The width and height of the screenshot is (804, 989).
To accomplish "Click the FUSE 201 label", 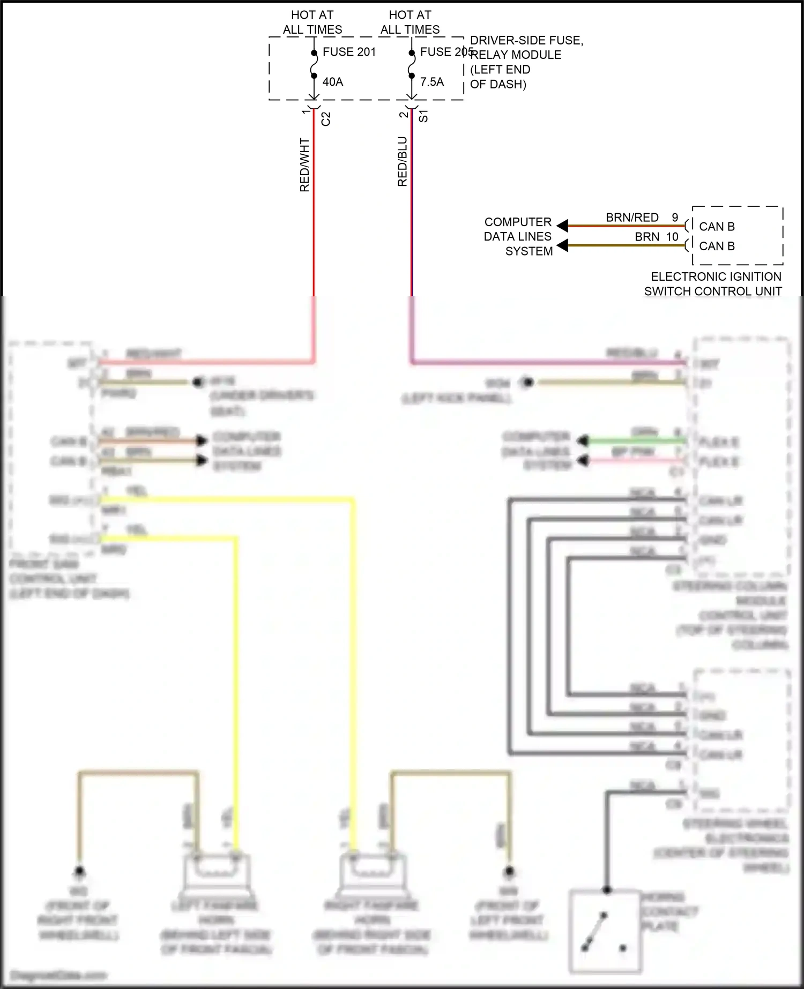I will coord(349,52).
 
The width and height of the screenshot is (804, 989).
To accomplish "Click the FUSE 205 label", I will coord(446,52).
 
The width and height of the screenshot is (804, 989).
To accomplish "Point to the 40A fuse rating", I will coord(332,82).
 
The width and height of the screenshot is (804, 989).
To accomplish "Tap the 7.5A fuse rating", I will coord(431,82).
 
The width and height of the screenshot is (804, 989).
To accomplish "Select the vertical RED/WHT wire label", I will coord(304,165).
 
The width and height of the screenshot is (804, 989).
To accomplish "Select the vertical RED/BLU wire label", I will coord(403,162).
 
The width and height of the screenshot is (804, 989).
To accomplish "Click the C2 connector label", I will coord(326,119).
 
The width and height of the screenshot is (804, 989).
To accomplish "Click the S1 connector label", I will coord(423,116).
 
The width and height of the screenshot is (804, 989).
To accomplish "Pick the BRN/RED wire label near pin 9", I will coord(632,218).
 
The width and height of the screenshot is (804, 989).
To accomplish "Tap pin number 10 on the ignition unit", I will coord(672,237).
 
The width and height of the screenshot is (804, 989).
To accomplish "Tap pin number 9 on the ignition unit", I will coord(675,218).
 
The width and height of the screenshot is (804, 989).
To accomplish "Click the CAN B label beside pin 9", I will coord(717,227).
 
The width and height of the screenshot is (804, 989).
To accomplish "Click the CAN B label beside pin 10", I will coord(717,246).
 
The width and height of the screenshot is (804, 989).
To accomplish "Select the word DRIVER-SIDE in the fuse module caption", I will coord(503,41).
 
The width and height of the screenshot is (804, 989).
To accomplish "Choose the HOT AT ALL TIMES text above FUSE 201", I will coord(312,23).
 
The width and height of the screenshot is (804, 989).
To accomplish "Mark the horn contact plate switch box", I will coord(606,931).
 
